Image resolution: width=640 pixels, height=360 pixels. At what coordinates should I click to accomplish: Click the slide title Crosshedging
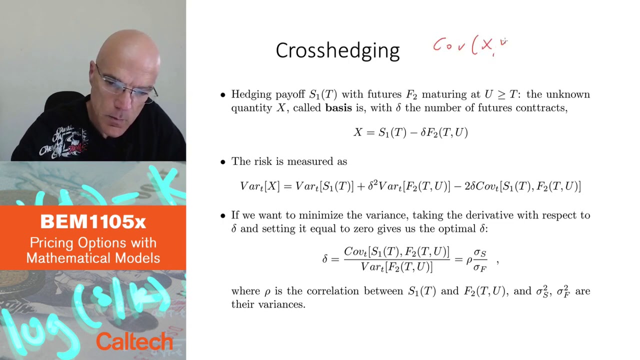pyautogui.click(x=337, y=50)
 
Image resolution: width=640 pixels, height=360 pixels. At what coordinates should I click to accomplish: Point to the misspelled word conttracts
pyautogui.click(x=543, y=108)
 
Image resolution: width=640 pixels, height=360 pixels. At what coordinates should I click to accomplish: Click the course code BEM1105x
pyautogui.click(x=93, y=221)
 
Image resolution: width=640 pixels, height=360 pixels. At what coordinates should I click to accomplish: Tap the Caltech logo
pyautogui.click(x=134, y=341)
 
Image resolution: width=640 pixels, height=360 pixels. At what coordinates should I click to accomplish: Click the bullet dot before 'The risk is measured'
pyautogui.click(x=223, y=162)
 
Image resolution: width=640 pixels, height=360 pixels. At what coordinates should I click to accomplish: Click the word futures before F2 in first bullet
pyautogui.click(x=385, y=94)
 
